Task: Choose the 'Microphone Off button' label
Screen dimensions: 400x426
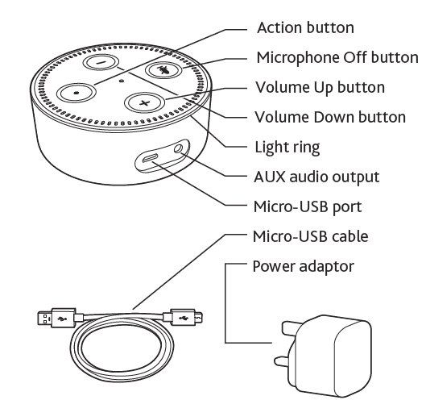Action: (x=337, y=57)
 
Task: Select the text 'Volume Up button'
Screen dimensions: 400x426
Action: (x=320, y=87)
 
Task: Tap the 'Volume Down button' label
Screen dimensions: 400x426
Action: (x=330, y=117)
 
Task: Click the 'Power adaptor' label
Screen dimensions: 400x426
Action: (x=302, y=265)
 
